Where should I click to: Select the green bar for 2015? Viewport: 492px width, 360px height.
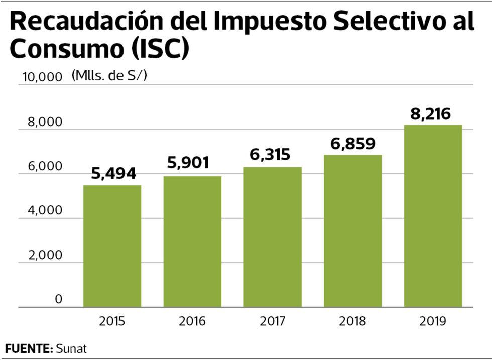click(x=112, y=246)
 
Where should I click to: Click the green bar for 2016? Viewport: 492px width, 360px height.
click(x=192, y=242)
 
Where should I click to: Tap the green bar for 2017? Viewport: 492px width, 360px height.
click(x=273, y=237)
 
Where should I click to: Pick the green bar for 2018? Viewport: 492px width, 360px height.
click(x=352, y=231)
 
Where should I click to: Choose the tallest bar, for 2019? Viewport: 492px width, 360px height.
click(x=433, y=216)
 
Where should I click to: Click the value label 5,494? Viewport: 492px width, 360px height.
click(x=113, y=174)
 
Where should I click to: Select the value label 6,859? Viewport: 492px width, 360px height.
click(x=352, y=144)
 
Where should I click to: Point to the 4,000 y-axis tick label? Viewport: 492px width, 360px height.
click(x=45, y=210)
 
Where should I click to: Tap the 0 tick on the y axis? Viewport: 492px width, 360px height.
click(x=58, y=300)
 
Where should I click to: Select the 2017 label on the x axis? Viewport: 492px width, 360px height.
click(x=273, y=321)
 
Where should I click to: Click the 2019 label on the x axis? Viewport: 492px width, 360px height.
click(x=433, y=321)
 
